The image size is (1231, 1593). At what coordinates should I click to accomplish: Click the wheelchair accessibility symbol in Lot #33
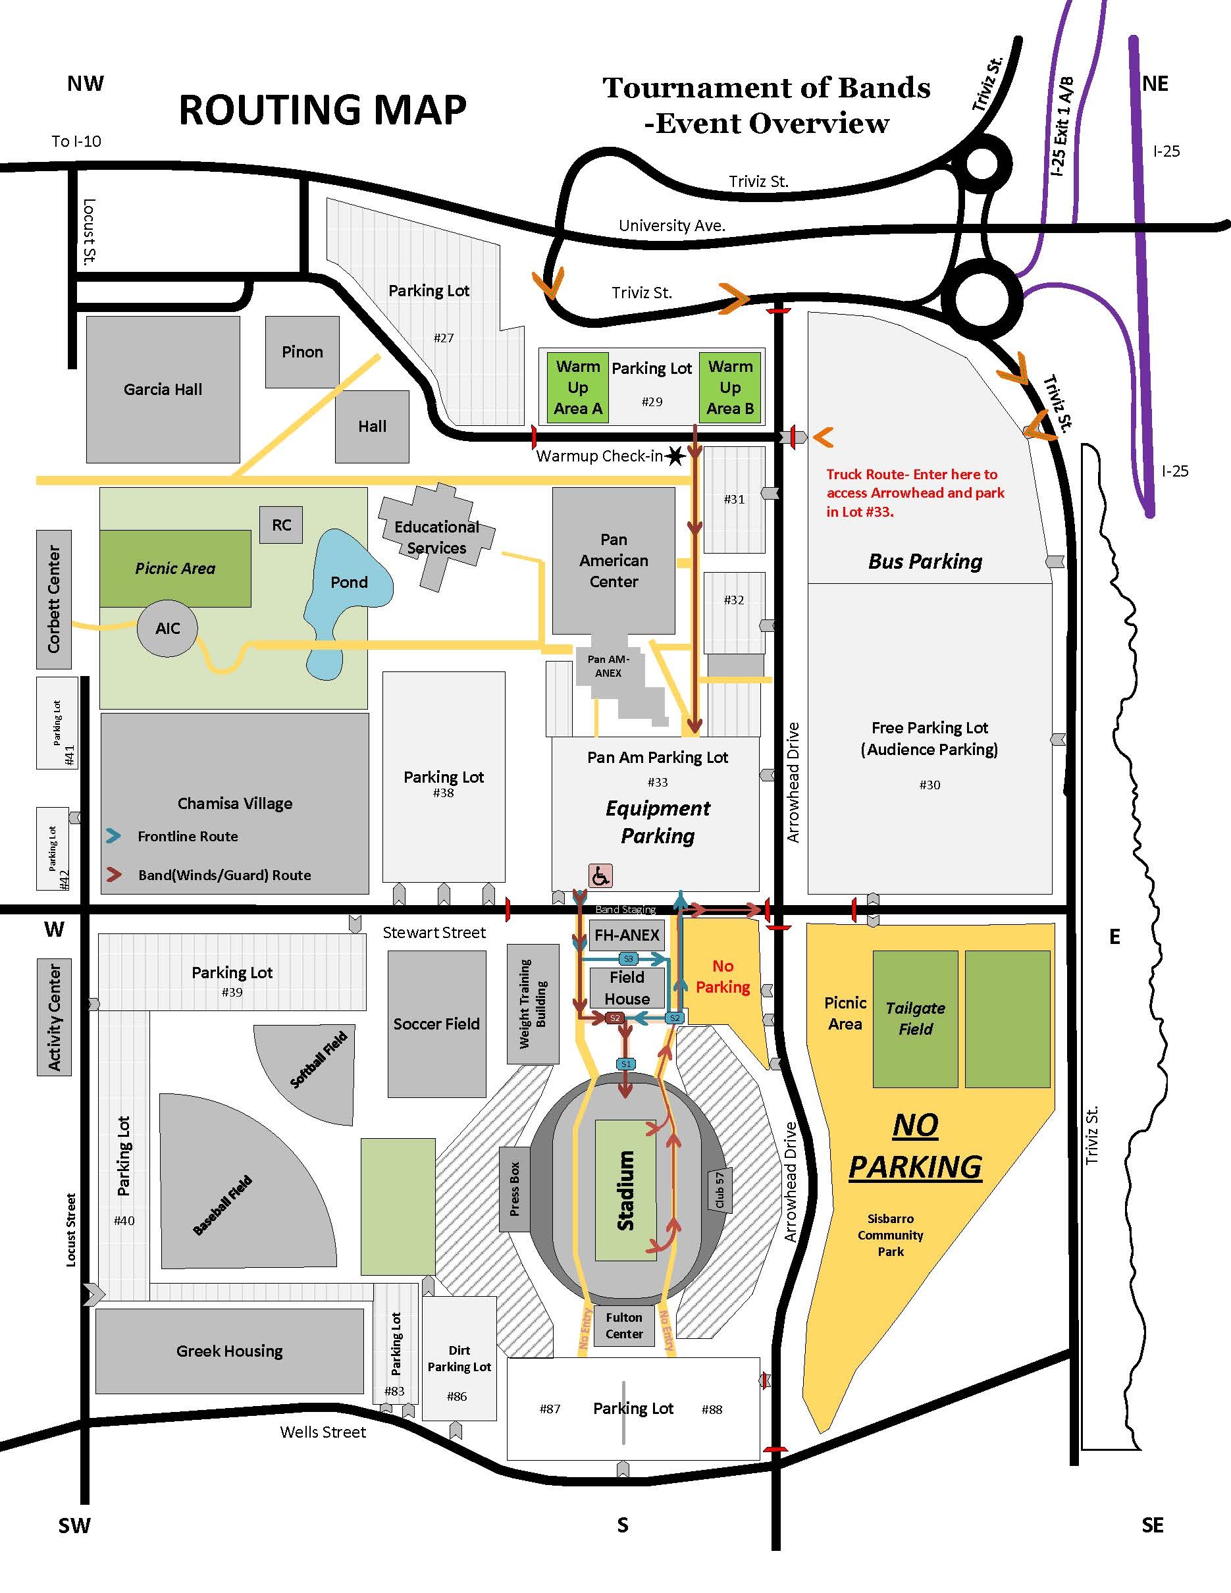pos(600,875)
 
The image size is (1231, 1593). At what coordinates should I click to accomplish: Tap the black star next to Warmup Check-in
pos(675,457)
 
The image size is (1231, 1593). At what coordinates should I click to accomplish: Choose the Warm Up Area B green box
pos(730,387)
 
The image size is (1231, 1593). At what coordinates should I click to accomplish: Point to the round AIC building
pos(167,628)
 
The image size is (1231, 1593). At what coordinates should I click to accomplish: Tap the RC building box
pos(282,525)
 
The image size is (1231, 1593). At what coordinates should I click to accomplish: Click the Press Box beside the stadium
pos(515,1189)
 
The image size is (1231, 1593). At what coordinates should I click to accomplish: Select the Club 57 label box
pos(719,1189)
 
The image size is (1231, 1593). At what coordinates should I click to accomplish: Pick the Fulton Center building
pos(624,1326)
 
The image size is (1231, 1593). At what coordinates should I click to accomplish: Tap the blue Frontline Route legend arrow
pos(113,836)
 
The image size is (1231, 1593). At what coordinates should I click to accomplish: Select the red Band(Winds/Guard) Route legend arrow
pos(113,875)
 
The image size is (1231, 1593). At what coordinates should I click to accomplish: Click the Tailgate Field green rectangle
pos(914,1018)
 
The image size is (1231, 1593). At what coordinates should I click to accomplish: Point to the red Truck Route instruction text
pos(914,493)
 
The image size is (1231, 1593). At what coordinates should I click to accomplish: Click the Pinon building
pos(302,352)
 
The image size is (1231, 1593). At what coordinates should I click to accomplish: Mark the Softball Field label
pos(319,1059)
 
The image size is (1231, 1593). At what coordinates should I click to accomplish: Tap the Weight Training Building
pos(533,1004)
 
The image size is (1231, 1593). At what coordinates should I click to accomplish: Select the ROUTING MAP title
pos(323,110)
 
